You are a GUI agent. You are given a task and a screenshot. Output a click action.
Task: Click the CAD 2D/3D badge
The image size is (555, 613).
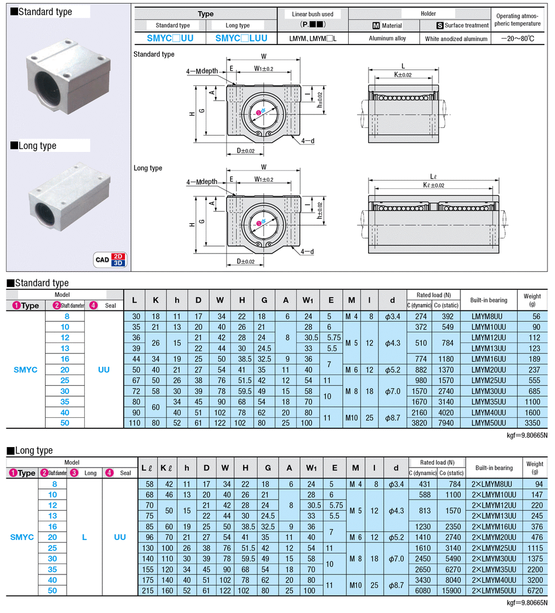click(110, 259)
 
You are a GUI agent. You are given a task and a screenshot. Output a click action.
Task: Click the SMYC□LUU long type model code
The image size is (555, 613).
click(241, 39)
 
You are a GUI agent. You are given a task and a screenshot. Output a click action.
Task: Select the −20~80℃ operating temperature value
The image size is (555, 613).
click(518, 39)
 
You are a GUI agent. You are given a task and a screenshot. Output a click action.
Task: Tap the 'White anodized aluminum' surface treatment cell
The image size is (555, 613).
click(456, 39)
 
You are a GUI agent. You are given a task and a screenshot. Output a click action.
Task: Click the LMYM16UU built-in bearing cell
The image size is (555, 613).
click(488, 359)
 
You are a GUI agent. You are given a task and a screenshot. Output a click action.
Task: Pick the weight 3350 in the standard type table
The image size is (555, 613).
click(532, 423)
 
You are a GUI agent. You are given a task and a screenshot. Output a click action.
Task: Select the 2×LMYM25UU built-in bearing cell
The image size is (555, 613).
click(494, 548)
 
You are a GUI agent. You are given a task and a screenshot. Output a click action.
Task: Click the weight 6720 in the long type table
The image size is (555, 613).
click(535, 591)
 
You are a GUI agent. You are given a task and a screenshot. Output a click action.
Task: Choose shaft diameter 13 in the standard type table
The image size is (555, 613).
click(65, 348)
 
